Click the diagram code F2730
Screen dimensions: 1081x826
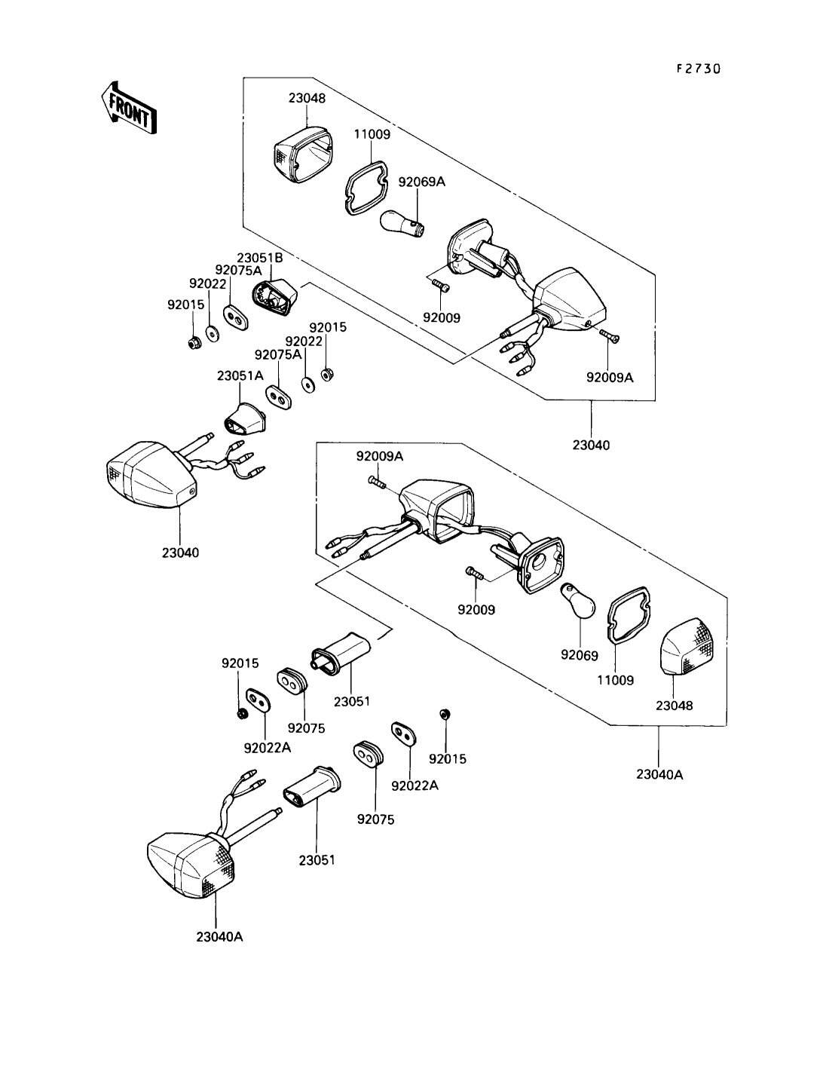click(x=697, y=69)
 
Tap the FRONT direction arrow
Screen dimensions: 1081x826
click(x=128, y=107)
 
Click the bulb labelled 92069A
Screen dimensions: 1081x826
click(x=401, y=224)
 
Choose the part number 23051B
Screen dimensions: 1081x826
click(x=259, y=257)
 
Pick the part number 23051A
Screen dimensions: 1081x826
click(x=240, y=375)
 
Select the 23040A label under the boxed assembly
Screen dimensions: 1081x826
click(x=659, y=774)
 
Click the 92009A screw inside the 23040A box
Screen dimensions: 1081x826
click(x=375, y=482)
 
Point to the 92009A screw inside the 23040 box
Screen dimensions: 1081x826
click(x=610, y=338)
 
